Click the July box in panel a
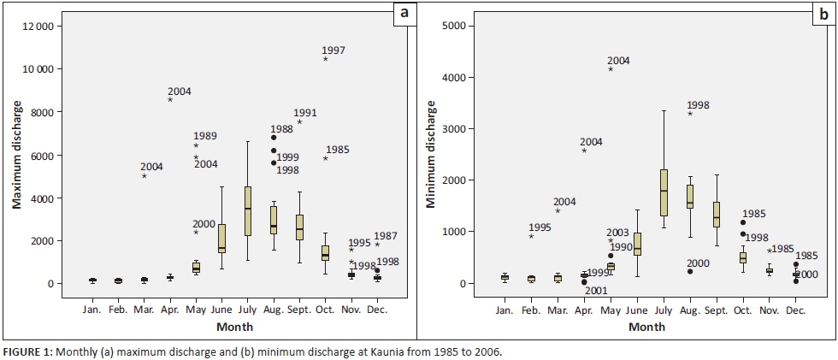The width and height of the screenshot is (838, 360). [x=248, y=210]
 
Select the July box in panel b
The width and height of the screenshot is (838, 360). [x=664, y=192]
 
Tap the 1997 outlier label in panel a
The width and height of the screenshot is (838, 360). [x=333, y=50]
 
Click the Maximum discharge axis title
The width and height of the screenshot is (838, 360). [x=16, y=153]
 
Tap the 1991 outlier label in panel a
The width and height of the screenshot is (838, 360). [x=305, y=113]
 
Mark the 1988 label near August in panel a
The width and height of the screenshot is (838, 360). [x=282, y=129]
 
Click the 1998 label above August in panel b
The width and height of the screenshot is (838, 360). [x=698, y=105]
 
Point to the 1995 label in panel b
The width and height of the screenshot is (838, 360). [x=540, y=227]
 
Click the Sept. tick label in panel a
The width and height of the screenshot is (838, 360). [x=298, y=309]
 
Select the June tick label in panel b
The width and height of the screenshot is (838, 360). [x=636, y=309]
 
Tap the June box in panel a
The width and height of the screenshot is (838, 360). [x=221, y=239]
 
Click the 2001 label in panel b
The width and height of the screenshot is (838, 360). [x=596, y=290]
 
